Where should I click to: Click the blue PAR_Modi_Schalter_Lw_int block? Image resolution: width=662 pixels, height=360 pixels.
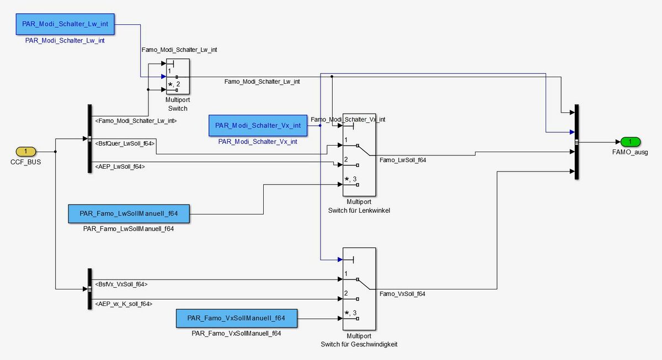[x=65, y=25]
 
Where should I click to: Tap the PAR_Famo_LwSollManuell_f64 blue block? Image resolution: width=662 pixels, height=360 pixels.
[x=129, y=213]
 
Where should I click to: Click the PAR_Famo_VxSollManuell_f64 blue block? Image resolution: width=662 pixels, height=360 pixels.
[x=236, y=318]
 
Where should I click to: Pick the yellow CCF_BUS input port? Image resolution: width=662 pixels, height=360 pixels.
[x=25, y=151]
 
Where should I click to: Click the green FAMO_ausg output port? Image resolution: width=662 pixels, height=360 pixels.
[x=629, y=142]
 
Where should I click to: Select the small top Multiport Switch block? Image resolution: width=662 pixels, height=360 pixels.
[x=178, y=77]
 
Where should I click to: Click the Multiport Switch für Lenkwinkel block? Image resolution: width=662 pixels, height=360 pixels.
[x=359, y=155]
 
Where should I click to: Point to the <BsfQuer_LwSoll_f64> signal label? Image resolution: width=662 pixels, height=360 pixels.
[x=125, y=143]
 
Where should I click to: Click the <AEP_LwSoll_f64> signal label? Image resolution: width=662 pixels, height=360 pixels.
[x=120, y=166]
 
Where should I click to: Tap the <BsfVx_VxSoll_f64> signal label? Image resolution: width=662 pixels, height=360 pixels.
[x=121, y=284]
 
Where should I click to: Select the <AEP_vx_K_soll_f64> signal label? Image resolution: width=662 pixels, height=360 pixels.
[x=124, y=304]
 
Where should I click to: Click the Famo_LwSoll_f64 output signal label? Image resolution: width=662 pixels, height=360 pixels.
[x=403, y=160]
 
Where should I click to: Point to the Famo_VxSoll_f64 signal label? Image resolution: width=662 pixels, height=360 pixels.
[x=402, y=294]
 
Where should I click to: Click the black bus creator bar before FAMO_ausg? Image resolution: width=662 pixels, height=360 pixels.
[x=576, y=142]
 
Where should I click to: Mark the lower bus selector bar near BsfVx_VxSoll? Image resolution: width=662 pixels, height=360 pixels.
[x=89, y=289]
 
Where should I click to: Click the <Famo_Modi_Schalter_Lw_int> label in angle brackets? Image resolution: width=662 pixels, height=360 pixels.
[x=136, y=120]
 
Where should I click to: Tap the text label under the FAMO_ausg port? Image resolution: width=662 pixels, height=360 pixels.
[x=629, y=152]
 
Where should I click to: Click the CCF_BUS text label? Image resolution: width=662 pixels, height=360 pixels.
[x=25, y=162]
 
